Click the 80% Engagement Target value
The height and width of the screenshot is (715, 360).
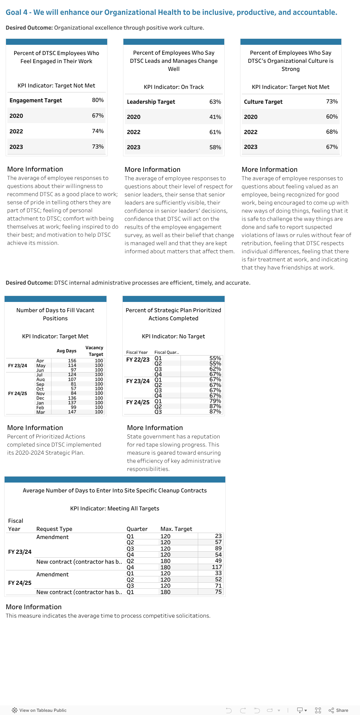[x=98, y=100]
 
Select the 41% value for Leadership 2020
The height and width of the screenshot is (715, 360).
[x=215, y=117]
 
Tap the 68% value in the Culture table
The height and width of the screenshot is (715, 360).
[x=332, y=132]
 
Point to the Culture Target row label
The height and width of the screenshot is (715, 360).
[x=263, y=102]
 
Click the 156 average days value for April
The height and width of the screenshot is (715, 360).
[x=72, y=361]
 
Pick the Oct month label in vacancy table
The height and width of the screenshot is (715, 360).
[x=40, y=389]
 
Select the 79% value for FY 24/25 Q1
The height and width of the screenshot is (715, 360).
[x=215, y=401]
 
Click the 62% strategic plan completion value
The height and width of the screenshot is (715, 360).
[x=215, y=369]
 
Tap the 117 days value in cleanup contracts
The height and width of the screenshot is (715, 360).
[x=216, y=567]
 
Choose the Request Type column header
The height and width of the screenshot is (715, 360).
[x=54, y=529]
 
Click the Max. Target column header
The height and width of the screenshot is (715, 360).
[x=176, y=529]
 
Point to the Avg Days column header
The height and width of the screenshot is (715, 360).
[x=66, y=351]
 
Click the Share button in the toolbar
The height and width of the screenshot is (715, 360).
[x=338, y=710]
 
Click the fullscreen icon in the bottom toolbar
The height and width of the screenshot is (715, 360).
[x=318, y=710]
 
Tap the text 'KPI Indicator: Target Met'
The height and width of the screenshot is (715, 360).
[x=55, y=337]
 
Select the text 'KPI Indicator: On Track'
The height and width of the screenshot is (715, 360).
[x=173, y=87]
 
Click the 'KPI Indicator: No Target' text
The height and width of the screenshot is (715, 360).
[x=173, y=337]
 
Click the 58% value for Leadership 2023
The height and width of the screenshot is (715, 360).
[x=215, y=147]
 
